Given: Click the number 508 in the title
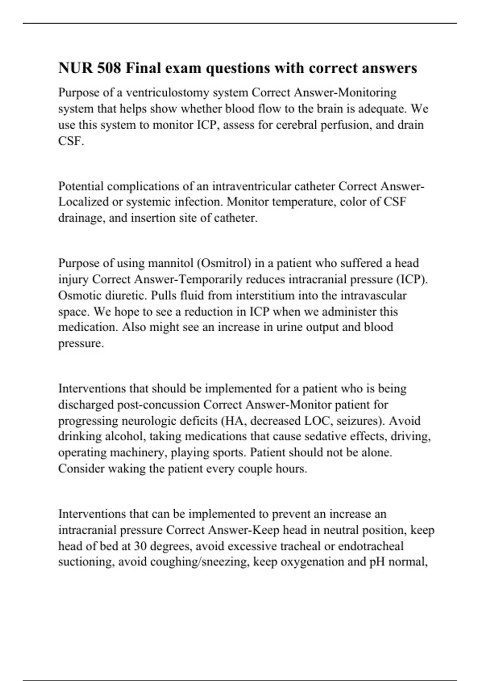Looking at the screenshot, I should (x=108, y=68).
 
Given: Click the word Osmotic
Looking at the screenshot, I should (x=80, y=296).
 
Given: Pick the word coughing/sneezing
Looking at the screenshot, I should (x=204, y=562).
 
